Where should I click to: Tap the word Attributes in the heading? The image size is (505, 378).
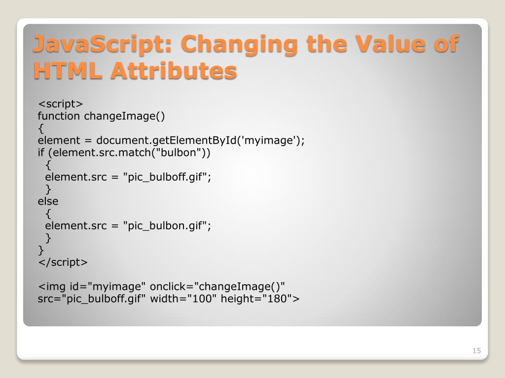click(x=173, y=70)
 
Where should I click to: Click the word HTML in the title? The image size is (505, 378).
click(x=68, y=70)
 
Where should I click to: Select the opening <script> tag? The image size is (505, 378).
click(x=61, y=104)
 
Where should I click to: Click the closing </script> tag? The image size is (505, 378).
click(x=63, y=262)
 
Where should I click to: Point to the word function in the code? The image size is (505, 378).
click(x=59, y=116)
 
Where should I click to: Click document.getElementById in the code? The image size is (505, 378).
click(x=167, y=141)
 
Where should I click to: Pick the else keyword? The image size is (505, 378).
click(x=48, y=201)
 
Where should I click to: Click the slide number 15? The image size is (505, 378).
click(x=476, y=350)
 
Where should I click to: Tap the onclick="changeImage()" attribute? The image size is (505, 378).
click(x=217, y=286)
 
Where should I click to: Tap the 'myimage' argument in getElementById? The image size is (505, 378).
click(x=270, y=141)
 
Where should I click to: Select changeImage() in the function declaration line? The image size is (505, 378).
click(x=125, y=116)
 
